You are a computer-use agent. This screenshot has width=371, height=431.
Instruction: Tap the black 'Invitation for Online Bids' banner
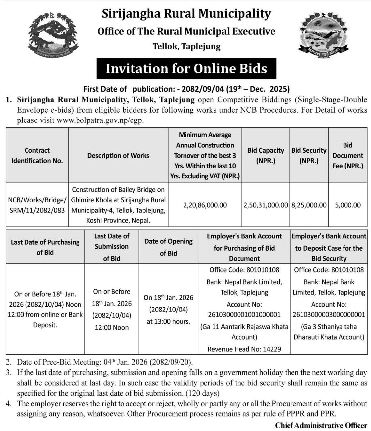(186, 69)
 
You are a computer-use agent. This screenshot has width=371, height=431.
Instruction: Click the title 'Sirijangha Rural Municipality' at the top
(186, 14)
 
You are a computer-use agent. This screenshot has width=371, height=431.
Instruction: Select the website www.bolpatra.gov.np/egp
(100, 120)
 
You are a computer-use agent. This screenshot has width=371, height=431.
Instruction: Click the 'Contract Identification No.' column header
(37, 155)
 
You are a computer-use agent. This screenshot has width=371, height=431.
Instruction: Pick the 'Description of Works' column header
(118, 155)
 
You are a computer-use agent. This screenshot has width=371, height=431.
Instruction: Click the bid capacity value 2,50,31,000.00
(266, 205)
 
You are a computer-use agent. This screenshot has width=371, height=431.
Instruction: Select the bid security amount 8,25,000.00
(309, 205)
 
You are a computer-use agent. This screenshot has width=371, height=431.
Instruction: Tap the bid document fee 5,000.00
(348, 205)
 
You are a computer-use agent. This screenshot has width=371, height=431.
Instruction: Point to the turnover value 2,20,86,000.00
(205, 205)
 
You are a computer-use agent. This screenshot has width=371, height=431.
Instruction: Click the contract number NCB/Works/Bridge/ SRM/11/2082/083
(37, 205)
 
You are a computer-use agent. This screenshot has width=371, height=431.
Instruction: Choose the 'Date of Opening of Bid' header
(168, 247)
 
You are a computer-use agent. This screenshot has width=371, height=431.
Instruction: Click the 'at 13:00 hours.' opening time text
(168, 321)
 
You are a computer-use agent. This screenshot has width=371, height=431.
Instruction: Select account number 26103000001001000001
(244, 314)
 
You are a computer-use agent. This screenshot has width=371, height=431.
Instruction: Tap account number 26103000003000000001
(329, 314)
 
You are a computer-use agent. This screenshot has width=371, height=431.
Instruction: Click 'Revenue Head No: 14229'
(244, 349)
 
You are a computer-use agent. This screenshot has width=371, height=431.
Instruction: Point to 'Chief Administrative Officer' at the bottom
(321, 425)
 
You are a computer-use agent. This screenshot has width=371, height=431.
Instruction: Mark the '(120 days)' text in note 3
(202, 394)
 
